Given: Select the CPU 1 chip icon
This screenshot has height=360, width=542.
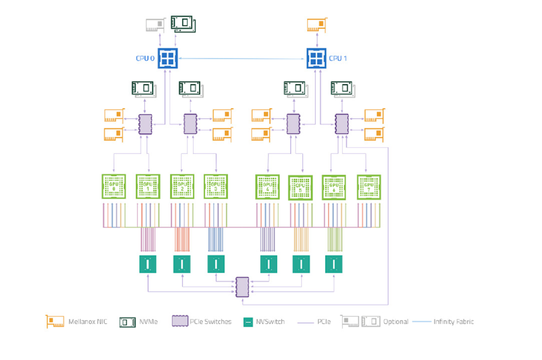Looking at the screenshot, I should [x=317, y=58].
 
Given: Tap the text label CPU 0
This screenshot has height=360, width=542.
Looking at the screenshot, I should [x=146, y=59].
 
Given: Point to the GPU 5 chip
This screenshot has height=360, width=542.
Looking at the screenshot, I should [x=300, y=188].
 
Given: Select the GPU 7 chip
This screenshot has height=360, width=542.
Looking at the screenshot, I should [x=369, y=187].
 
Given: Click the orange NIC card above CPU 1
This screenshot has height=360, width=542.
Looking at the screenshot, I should [x=317, y=25].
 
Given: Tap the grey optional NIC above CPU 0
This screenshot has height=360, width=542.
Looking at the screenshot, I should [x=155, y=25].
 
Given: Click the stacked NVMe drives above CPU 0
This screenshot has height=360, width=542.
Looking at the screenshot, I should [x=183, y=23].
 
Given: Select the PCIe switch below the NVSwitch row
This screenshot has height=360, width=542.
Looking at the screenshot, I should [x=242, y=287].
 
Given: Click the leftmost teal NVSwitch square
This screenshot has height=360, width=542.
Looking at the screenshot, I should [x=148, y=264].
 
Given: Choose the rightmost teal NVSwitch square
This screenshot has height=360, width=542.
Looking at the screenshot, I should [x=333, y=264].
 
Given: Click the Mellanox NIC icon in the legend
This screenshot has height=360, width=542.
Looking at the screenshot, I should [x=55, y=321].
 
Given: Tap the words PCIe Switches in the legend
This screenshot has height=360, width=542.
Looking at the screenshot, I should [x=211, y=321].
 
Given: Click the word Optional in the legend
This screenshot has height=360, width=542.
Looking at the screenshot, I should [x=395, y=321].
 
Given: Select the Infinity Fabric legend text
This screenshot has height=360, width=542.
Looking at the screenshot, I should [x=453, y=321].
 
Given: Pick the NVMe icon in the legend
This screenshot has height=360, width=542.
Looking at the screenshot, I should [x=128, y=321].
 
